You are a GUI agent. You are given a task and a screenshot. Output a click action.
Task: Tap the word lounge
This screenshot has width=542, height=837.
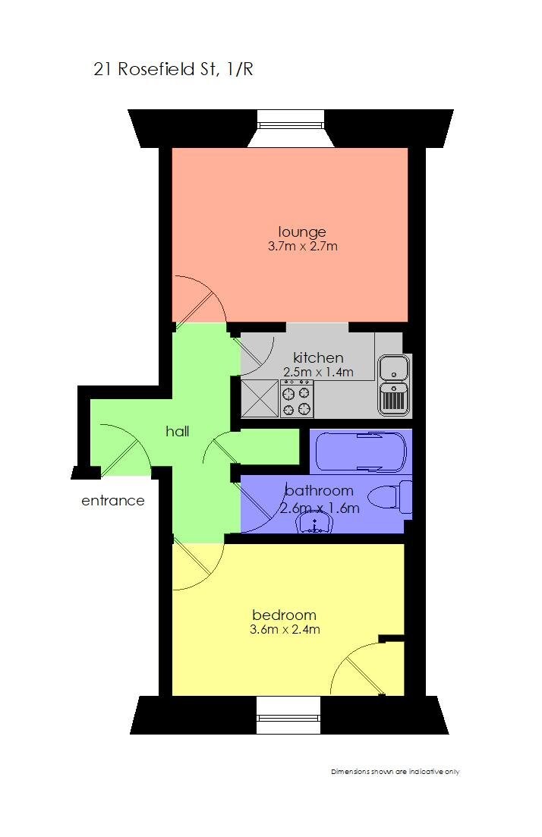(302, 231)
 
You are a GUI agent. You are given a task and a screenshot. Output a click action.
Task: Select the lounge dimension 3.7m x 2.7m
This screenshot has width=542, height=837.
(302, 247)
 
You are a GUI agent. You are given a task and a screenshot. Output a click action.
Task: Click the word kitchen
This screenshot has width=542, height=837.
(319, 357)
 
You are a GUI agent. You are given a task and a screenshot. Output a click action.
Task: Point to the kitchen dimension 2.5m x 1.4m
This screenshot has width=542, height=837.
(319, 372)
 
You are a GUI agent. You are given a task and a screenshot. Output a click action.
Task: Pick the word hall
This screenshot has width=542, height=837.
(178, 432)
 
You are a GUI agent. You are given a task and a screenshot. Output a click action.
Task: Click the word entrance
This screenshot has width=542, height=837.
(113, 501)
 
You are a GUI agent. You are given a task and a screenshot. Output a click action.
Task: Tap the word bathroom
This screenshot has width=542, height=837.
(319, 491)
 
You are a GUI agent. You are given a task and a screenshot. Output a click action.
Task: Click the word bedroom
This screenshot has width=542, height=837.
(284, 615)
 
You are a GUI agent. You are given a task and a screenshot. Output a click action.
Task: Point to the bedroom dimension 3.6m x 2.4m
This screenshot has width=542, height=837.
(285, 629)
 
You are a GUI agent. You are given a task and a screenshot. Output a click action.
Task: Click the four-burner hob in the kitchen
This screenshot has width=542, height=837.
(297, 399)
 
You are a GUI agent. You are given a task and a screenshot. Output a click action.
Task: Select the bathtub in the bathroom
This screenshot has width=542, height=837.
(361, 451)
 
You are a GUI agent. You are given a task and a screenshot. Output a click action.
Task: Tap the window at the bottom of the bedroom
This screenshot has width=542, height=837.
(288, 716)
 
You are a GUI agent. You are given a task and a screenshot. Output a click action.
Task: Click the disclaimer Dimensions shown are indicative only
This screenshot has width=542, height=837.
(395, 772)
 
